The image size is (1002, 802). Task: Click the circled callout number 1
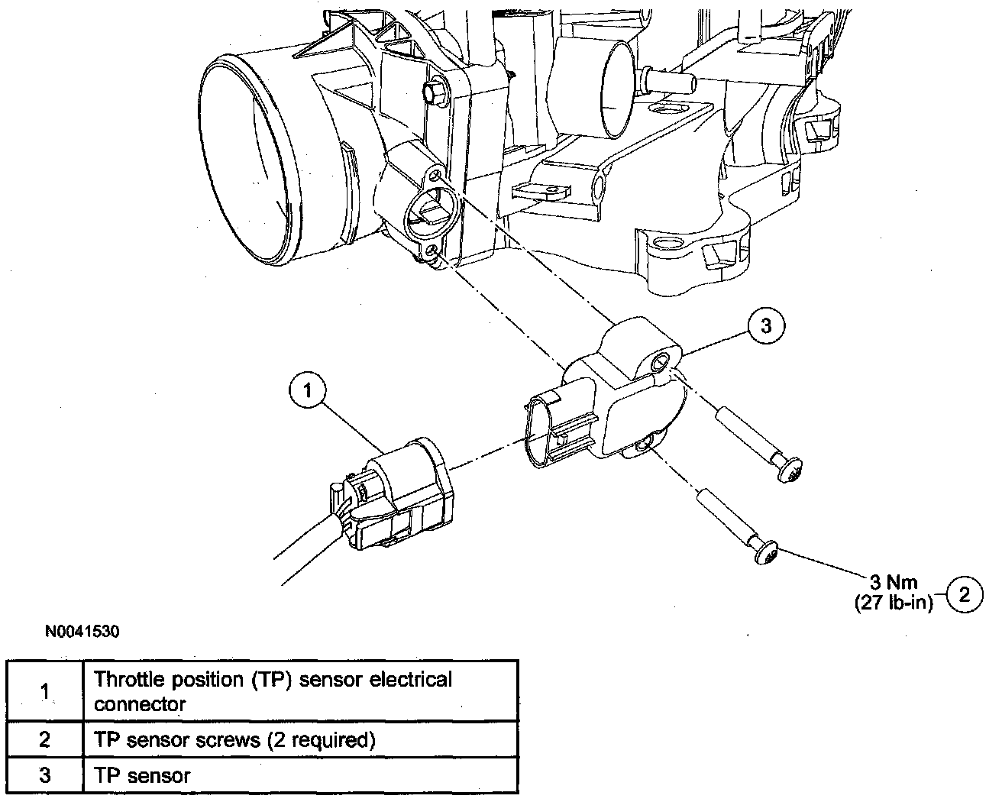307,391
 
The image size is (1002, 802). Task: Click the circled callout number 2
965,594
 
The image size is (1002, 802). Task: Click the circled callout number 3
766,326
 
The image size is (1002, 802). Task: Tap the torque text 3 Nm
894,582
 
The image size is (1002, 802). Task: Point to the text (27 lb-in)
894,603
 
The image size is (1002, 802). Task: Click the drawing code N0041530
82,632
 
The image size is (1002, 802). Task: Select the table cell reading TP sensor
301,775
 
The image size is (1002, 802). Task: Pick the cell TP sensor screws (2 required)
301,739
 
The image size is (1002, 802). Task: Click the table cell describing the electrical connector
301,691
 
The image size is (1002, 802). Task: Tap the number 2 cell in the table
45,739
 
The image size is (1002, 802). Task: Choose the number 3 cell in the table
45,775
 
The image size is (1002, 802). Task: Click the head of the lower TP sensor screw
767,552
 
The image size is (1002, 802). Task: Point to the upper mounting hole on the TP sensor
658,362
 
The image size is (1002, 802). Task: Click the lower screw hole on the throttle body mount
432,250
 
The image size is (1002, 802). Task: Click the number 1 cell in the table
45,691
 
